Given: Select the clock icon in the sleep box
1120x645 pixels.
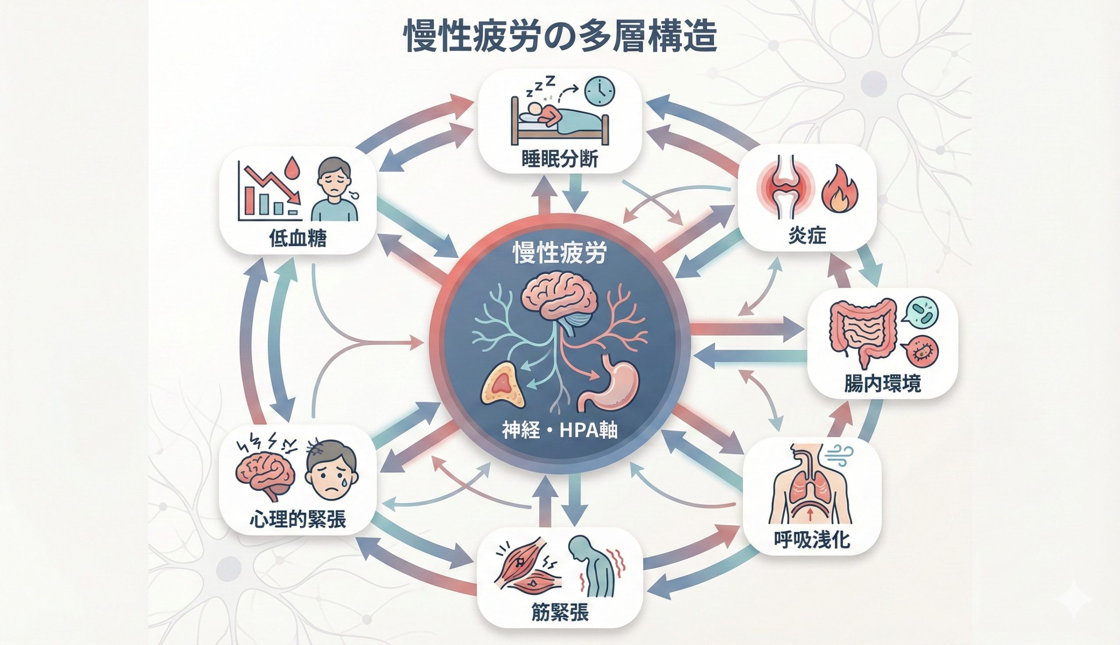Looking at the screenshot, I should click(599, 92).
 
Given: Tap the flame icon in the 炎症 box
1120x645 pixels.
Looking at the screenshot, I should click(840, 191).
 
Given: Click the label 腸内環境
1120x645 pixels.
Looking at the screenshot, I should click(882, 384).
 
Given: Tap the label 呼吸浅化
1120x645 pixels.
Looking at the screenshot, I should click(812, 540).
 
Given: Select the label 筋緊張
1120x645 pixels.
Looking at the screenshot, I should click(560, 613).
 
